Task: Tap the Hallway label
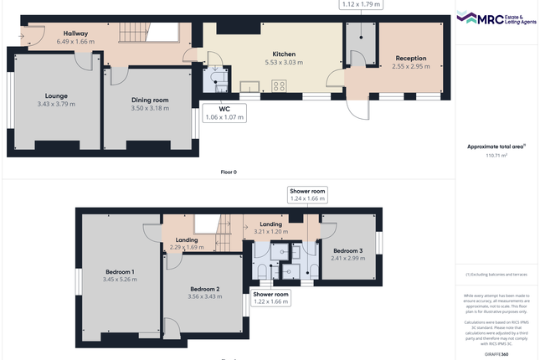click(75, 33)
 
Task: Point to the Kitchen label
click(271, 54)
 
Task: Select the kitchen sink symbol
click(249, 85)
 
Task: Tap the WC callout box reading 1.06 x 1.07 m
click(224, 113)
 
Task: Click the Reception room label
click(410, 59)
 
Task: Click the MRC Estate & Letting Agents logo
click(496, 18)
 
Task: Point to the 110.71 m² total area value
click(497, 155)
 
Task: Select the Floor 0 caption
click(228, 172)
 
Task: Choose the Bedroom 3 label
click(347, 250)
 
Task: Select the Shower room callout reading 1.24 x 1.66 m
click(306, 195)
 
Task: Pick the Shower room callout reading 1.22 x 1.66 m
click(270, 299)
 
